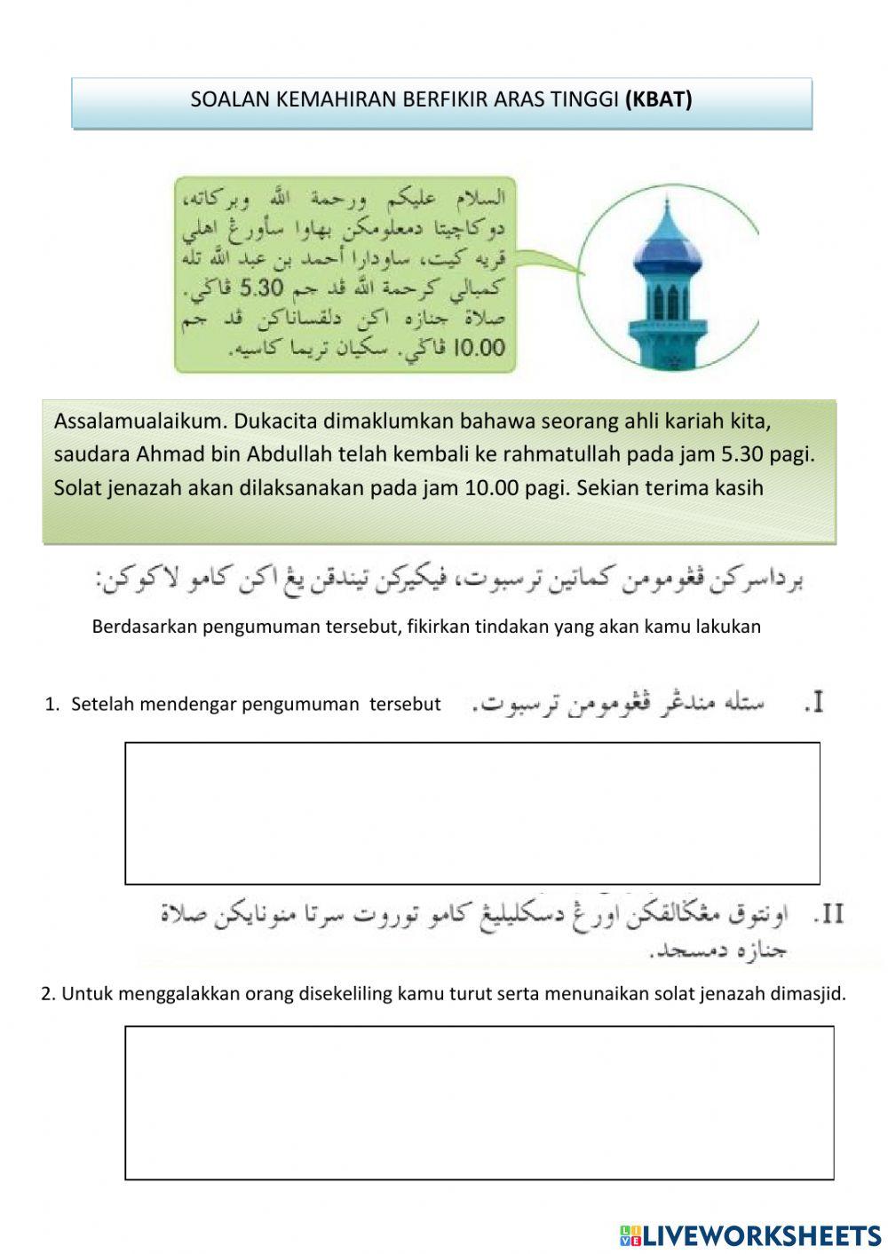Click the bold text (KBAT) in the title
click(x=658, y=99)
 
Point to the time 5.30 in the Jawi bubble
click(x=261, y=288)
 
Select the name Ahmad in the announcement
click(x=170, y=453)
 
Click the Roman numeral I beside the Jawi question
click(x=814, y=703)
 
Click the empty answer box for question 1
click(x=472, y=813)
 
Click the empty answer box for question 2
click(x=479, y=1102)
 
